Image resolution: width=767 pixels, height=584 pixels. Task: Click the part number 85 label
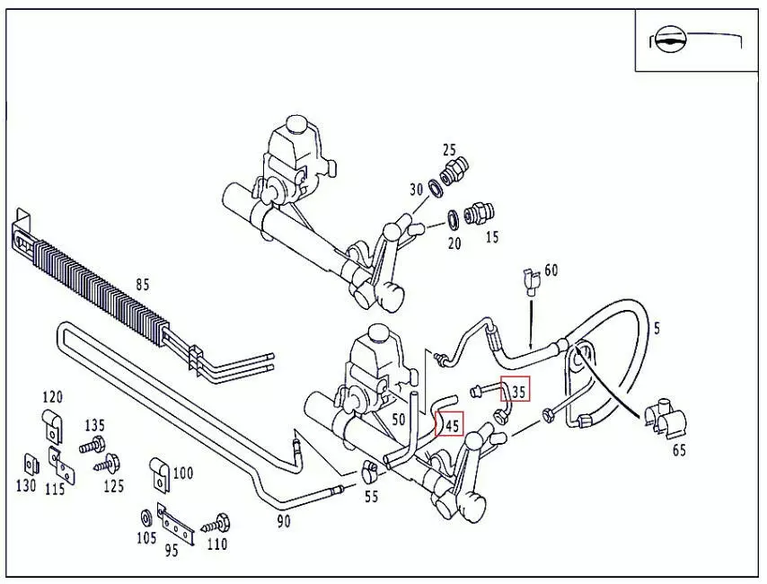[x=142, y=286]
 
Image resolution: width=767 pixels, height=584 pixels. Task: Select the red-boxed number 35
[x=516, y=389]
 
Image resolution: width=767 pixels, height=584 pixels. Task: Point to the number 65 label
[x=679, y=450]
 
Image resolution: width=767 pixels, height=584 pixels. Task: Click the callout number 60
[x=551, y=270]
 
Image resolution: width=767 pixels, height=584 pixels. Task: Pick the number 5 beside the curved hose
[x=657, y=329]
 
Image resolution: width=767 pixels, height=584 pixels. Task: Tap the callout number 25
[x=449, y=150]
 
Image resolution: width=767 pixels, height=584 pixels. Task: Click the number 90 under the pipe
[x=284, y=521]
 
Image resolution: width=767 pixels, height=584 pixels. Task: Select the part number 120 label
[x=53, y=397]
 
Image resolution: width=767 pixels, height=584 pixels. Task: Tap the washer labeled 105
[x=146, y=518]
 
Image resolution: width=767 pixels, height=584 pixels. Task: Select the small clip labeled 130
[x=28, y=463]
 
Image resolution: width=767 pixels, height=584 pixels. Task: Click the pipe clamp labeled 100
[x=161, y=473]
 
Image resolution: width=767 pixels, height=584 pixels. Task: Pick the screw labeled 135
[x=92, y=445]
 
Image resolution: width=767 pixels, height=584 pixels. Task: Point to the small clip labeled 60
[x=529, y=282]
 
